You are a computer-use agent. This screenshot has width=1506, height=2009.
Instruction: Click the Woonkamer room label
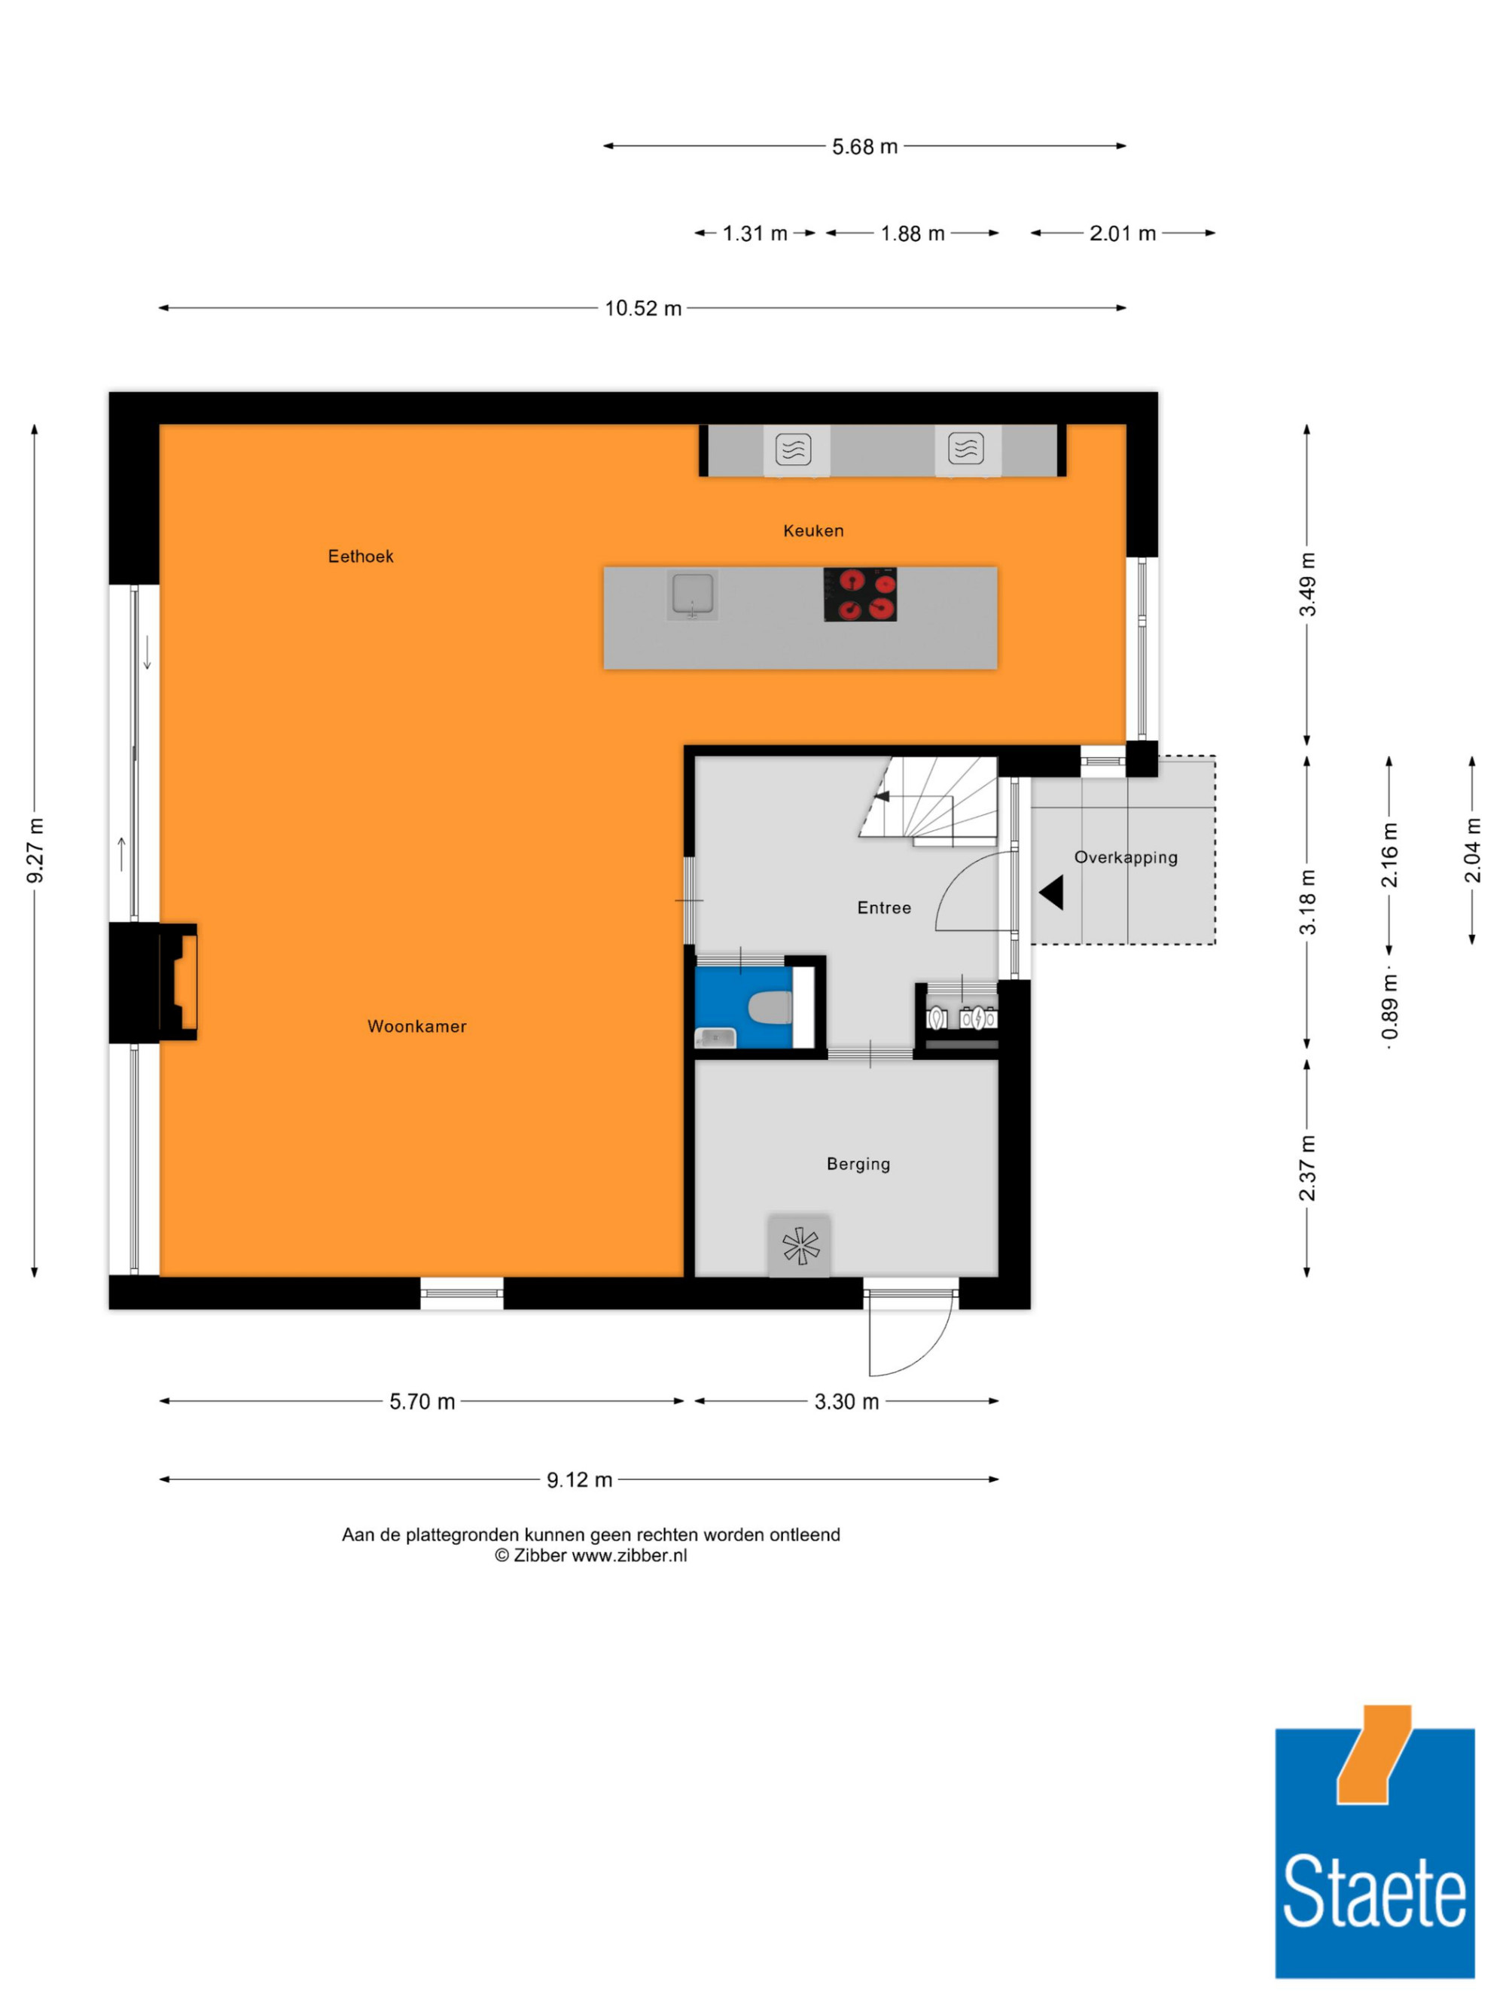click(x=416, y=1026)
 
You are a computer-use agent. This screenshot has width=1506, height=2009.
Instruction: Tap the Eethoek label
click(x=361, y=556)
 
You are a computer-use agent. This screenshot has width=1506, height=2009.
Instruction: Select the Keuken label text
click(x=813, y=530)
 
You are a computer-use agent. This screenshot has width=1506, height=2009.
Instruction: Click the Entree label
click(x=884, y=907)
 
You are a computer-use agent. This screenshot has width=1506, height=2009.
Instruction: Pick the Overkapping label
click(x=1126, y=857)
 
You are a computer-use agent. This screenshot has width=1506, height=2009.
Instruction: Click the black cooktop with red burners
click(x=860, y=594)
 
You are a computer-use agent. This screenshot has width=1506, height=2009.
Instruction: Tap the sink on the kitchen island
click(x=692, y=595)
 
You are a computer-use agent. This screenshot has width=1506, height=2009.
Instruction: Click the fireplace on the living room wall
click(x=178, y=982)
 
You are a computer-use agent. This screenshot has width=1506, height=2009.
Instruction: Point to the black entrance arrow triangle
click(x=1052, y=892)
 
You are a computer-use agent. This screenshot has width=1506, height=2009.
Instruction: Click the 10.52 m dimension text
click(x=643, y=309)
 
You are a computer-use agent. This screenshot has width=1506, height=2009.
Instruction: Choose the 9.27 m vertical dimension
click(x=35, y=850)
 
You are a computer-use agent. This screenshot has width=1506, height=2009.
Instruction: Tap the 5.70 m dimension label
click(x=422, y=1401)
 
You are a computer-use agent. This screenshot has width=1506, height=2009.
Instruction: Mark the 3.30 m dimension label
click(x=846, y=1401)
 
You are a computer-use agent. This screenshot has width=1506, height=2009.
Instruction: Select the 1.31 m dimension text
click(x=755, y=234)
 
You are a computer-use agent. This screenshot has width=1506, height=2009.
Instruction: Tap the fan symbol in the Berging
click(x=800, y=1245)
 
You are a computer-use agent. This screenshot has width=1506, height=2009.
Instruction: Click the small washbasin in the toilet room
click(x=715, y=1037)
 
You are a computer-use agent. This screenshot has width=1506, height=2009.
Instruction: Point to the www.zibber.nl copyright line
click(x=590, y=1556)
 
